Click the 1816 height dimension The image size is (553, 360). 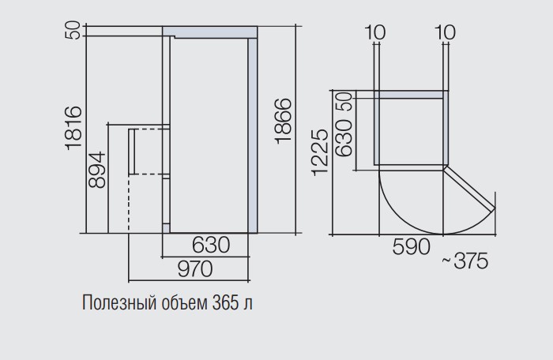click(x=73, y=128)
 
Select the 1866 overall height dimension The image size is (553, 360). click(x=283, y=121)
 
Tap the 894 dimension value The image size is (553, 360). click(x=96, y=170)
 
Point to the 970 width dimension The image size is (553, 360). click(x=195, y=269)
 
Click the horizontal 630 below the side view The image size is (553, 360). click(x=211, y=245)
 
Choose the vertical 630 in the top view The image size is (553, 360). click(x=344, y=137)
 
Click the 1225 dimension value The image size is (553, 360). click(x=320, y=152)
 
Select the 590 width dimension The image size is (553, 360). click(x=412, y=246)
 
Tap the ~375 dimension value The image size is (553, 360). click(x=465, y=261)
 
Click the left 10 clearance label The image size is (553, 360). click(x=375, y=32)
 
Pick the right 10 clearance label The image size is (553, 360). click(x=445, y=32)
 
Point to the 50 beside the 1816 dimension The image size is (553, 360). click(x=73, y=30)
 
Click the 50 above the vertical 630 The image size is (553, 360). click(x=346, y=101)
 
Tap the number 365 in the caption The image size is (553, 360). click(x=226, y=302)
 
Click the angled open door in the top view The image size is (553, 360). click(x=469, y=189)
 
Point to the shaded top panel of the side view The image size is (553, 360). click(x=210, y=32)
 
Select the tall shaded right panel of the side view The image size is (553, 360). click(x=252, y=136)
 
